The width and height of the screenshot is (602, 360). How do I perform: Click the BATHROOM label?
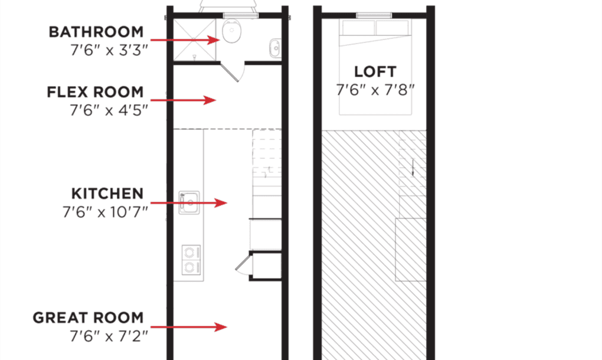[x=96, y=32]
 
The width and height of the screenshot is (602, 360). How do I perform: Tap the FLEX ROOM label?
[x=94, y=92]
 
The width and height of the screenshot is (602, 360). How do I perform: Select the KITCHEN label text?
[x=107, y=194]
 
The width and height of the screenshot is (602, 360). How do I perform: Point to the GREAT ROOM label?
[x=88, y=318]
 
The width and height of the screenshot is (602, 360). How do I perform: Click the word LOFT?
[x=375, y=72]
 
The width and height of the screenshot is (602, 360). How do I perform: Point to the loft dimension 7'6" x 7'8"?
[x=375, y=90]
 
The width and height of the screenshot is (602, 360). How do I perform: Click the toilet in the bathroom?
[x=231, y=32]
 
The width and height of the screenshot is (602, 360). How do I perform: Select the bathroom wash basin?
[x=275, y=47]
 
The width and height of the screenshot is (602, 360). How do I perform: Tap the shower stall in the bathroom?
[x=195, y=39]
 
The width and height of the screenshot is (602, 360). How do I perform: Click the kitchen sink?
[x=189, y=202]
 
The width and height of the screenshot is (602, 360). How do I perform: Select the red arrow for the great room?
[x=189, y=327]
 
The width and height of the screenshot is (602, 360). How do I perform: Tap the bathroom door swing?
[x=235, y=71]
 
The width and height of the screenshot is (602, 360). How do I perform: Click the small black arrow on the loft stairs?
[x=413, y=169]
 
